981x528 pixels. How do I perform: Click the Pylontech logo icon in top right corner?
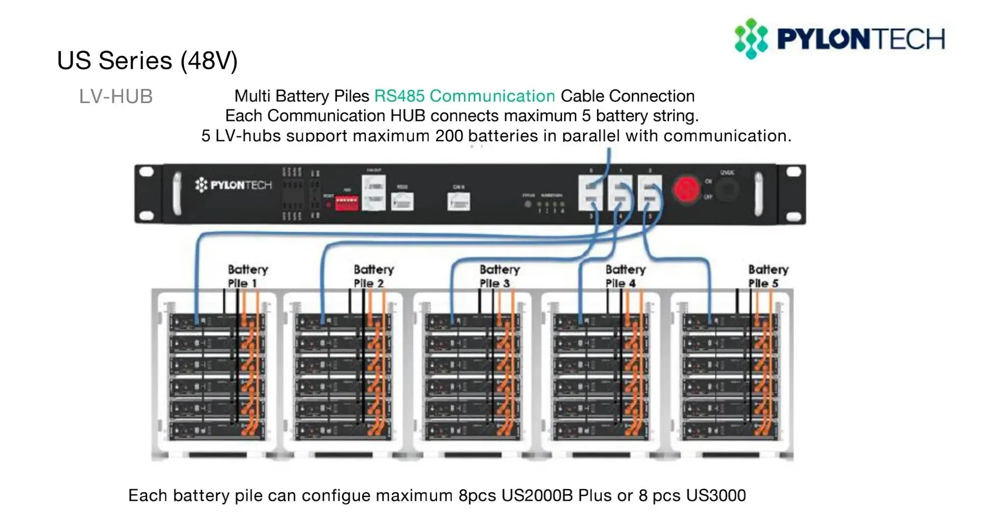tap(751, 39)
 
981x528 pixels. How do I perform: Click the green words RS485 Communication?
tap(464, 96)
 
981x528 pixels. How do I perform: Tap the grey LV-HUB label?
tap(115, 96)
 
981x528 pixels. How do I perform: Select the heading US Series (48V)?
tap(147, 61)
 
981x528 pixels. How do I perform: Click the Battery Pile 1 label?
tap(247, 276)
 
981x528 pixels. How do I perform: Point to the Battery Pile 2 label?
tap(373, 276)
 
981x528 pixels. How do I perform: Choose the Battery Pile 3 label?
tap(499, 276)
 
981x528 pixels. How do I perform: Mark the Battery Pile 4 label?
tap(625, 276)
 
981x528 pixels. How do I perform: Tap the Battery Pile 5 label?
tap(768, 276)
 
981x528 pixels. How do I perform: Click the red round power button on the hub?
tap(686, 190)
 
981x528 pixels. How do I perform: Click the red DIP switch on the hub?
tap(347, 203)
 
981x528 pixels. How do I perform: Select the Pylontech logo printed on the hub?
tap(233, 185)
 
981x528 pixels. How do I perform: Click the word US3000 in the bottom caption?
tap(716, 495)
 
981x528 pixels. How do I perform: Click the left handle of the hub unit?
tap(177, 193)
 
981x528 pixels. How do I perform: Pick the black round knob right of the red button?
tap(727, 190)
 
